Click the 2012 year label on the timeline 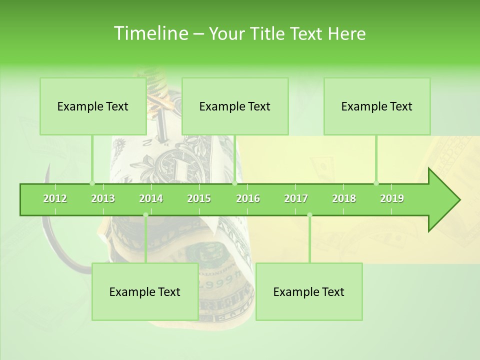click(x=55, y=199)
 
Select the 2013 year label click(x=103, y=199)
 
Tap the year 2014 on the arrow click(x=151, y=199)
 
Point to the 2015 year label click(x=199, y=199)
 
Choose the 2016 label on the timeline click(x=248, y=199)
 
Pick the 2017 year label click(x=296, y=199)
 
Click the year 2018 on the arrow click(x=344, y=199)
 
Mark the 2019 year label click(x=392, y=199)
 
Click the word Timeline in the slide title click(x=150, y=33)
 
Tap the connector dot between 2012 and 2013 click(x=92, y=183)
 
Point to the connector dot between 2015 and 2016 click(x=234, y=183)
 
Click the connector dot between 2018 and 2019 click(x=376, y=183)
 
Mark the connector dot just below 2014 click(x=145, y=215)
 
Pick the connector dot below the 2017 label click(x=309, y=215)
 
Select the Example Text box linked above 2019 click(x=377, y=106)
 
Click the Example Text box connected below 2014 click(x=145, y=292)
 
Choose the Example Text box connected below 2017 click(x=309, y=292)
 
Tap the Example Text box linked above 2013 click(x=93, y=106)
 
